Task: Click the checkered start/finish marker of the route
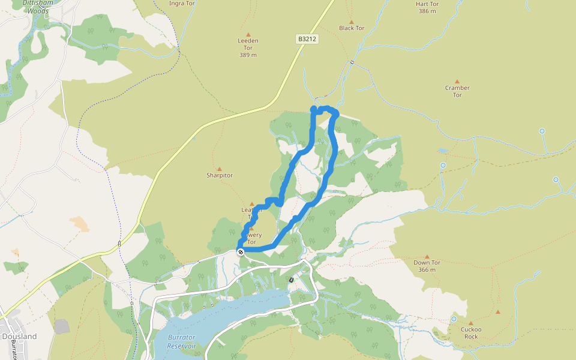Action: click(240, 252)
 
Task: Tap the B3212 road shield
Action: click(307, 39)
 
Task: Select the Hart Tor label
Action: click(428, 4)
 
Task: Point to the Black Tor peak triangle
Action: click(352, 22)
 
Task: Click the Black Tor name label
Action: click(352, 28)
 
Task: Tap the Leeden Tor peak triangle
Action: click(248, 34)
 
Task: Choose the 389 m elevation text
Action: click(248, 55)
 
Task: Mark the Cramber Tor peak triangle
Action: click(457, 81)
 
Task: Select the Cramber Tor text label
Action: click(457, 91)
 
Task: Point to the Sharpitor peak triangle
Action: click(219, 169)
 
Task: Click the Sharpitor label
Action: click(219, 175)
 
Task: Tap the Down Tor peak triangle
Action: click(427, 256)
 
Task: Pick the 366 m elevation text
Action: click(427, 270)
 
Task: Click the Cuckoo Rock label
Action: click(471, 332)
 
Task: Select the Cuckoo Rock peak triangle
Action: click(471, 323)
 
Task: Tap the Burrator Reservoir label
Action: click(182, 341)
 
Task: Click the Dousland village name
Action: click(19, 337)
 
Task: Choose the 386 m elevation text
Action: click(428, 11)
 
